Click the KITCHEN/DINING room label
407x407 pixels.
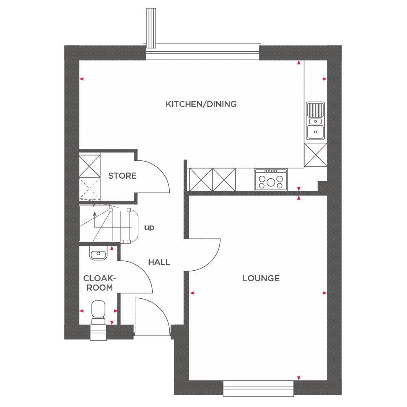[201, 104]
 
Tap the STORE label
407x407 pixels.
[122, 176]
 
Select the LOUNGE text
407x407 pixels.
[261, 278]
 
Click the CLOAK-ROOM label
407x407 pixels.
[98, 283]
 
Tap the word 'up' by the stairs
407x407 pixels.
[149, 228]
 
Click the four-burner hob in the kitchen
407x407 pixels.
[271, 179]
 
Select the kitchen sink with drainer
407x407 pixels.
[315, 120]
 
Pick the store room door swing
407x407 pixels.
[157, 175]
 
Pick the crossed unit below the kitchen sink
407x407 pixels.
[315, 155]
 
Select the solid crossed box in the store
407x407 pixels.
[90, 165]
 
